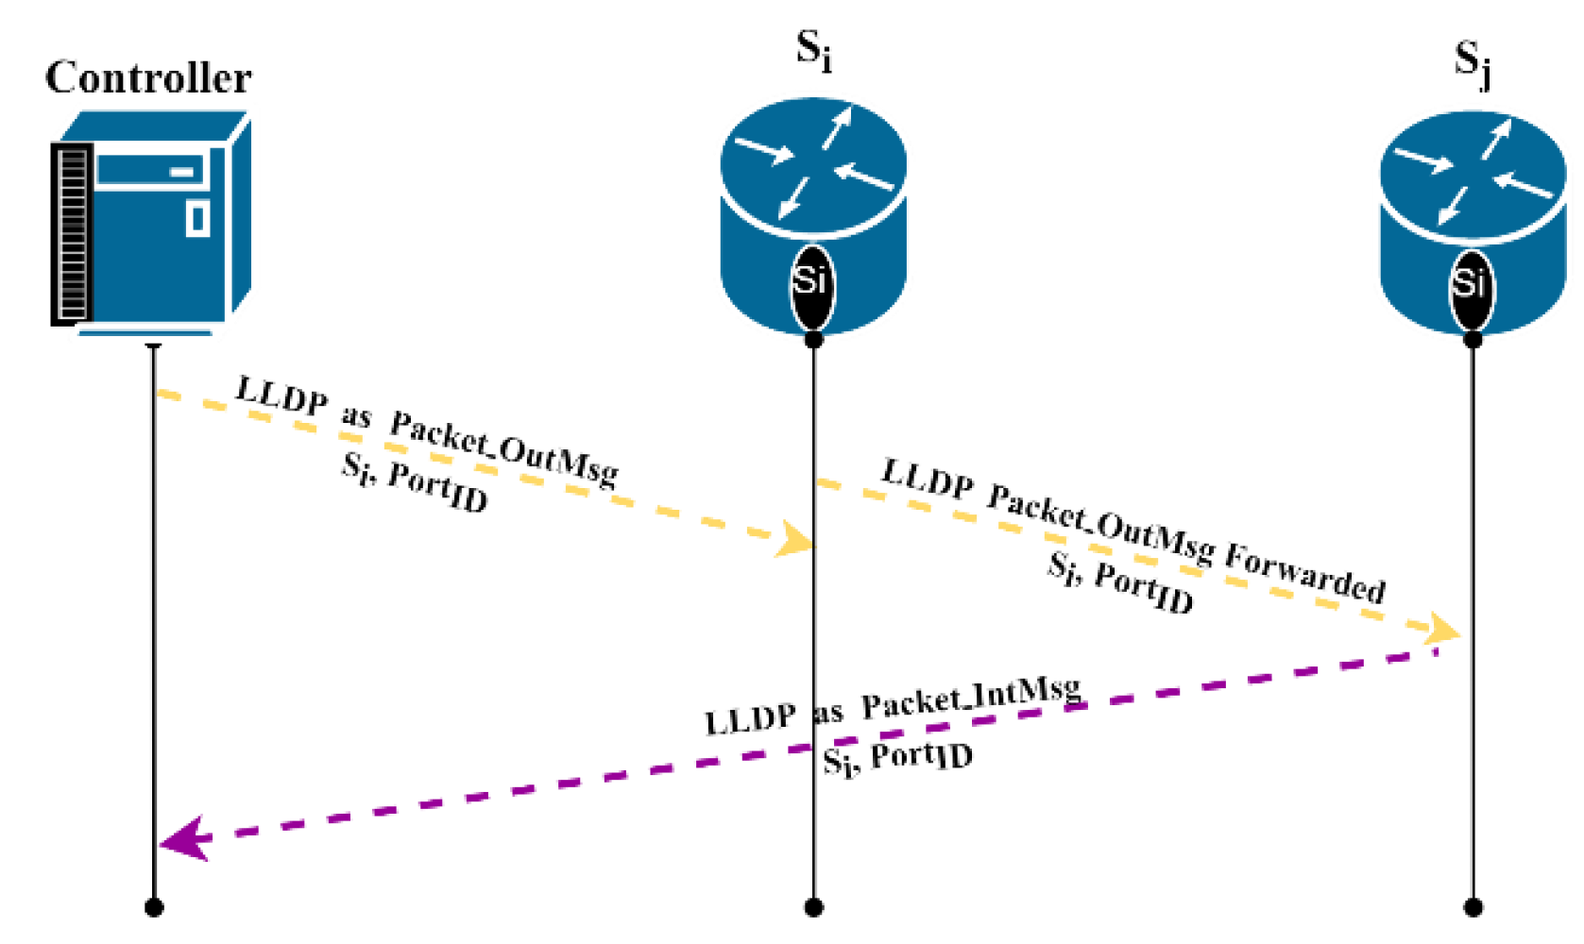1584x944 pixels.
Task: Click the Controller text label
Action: (148, 77)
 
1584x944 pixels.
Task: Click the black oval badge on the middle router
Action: (812, 284)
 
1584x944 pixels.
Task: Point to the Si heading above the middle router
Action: (813, 50)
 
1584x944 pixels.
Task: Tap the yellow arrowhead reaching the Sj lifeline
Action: (1442, 629)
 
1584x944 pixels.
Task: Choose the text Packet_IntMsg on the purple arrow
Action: (971, 697)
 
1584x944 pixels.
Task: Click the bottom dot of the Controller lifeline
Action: (154, 908)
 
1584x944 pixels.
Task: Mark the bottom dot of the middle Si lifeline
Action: (813, 908)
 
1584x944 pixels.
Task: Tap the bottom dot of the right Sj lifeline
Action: (1473, 908)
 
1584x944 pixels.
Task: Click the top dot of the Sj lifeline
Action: (1473, 339)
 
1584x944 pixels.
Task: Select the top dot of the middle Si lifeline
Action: (813, 339)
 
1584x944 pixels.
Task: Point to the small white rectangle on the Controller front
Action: (196, 218)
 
